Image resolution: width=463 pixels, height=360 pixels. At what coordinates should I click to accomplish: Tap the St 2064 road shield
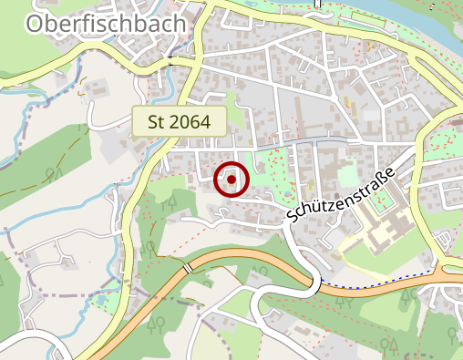180,119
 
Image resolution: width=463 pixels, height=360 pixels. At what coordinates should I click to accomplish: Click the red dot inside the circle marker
231,180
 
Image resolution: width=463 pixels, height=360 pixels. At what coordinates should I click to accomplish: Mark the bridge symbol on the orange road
189,267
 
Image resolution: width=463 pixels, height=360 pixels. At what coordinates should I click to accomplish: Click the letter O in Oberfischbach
37,24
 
